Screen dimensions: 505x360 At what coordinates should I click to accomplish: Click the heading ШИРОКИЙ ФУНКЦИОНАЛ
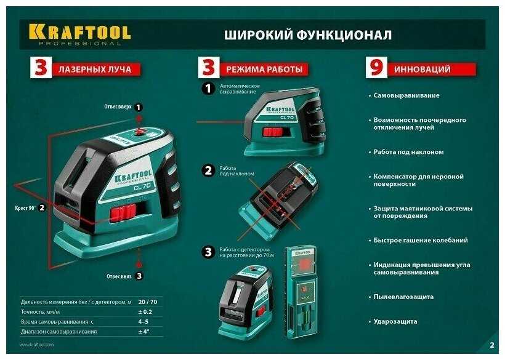point(308,34)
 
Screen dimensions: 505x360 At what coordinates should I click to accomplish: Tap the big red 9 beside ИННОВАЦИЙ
point(376,67)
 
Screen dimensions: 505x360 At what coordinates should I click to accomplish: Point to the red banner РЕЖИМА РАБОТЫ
point(264,69)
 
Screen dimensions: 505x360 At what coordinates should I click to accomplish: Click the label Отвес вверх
point(118,107)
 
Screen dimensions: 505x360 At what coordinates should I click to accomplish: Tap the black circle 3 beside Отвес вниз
point(139,276)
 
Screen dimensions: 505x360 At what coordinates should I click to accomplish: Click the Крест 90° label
point(25,208)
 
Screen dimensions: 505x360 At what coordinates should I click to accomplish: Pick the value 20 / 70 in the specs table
point(148,302)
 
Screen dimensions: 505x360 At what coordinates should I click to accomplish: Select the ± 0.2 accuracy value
point(145,312)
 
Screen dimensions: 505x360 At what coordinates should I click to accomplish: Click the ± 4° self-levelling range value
point(143,331)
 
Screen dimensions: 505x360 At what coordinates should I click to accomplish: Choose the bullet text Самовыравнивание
point(406,95)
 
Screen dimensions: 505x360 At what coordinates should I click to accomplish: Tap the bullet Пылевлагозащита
point(403,297)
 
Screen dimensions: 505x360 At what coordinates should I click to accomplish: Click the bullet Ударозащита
point(395,321)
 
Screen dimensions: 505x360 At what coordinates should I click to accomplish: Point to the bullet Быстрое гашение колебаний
point(421,241)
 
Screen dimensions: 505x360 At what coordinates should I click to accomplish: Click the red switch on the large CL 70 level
point(123,213)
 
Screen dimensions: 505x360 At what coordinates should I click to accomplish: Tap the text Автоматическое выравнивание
point(240,89)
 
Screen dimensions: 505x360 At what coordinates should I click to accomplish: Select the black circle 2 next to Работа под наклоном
point(208,170)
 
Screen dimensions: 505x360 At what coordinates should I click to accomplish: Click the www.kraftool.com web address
point(37,345)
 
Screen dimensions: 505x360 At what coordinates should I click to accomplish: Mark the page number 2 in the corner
point(492,345)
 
